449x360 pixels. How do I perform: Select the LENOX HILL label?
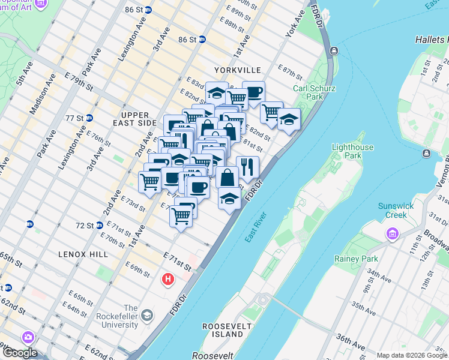click(x=83, y=254)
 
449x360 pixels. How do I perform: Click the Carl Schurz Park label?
click(x=314, y=92)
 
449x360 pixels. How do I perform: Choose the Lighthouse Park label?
click(x=352, y=151)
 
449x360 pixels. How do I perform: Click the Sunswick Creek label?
click(x=396, y=211)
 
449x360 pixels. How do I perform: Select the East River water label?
click(x=255, y=229)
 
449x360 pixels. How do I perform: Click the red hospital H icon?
click(x=168, y=280)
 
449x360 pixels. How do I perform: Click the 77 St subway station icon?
click(x=89, y=118)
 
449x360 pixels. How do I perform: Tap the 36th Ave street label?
click(x=350, y=343)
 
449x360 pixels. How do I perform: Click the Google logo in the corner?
click(x=19, y=353)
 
